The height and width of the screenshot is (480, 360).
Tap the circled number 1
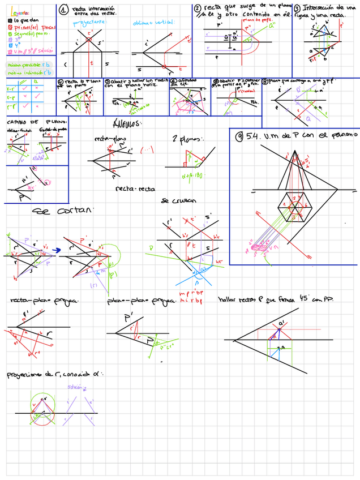coord(64,10)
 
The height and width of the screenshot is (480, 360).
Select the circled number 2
coord(198,8)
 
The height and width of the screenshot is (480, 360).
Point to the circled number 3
coord(297,8)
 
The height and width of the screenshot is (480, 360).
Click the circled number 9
coord(240,136)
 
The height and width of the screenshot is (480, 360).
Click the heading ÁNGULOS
coord(127,123)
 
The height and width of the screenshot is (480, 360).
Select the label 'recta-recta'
coord(128,189)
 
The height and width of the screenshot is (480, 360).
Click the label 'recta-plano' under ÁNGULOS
coord(109,139)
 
